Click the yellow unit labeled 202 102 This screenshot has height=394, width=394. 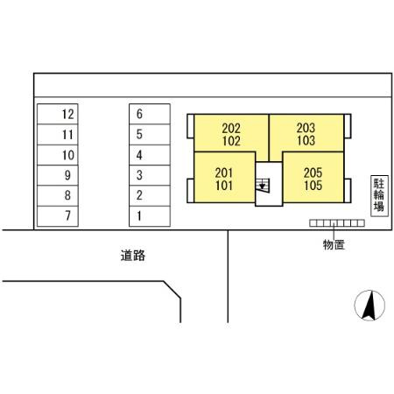tap(231, 133)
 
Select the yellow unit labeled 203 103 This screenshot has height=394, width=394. tap(306, 133)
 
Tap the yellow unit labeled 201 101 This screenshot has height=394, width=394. tap(224, 179)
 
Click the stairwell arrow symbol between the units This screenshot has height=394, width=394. tap(263, 185)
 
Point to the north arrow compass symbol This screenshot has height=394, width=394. tap(369, 306)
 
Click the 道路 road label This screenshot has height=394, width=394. tap(132, 257)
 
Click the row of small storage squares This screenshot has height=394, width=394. tap(337, 223)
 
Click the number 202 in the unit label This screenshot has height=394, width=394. tap(231, 127)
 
